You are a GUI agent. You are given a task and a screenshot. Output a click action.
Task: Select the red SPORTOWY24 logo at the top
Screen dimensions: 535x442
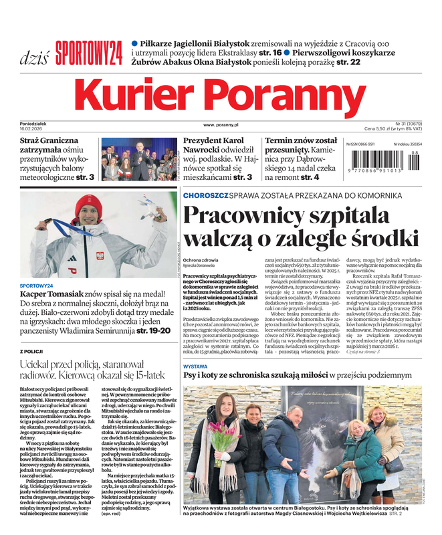pos(89,52)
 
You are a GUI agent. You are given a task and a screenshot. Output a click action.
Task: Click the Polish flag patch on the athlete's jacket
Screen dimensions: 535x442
pos(100,255)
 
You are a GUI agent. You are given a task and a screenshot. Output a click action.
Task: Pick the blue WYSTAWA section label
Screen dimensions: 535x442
pos(195,367)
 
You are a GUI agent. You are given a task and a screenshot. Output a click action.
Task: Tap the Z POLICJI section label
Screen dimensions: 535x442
pos(32,350)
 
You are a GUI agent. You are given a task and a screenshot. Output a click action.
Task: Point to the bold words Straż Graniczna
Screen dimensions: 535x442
pos(49,141)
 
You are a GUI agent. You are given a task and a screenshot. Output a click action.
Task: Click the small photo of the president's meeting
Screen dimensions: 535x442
pos(140,159)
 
